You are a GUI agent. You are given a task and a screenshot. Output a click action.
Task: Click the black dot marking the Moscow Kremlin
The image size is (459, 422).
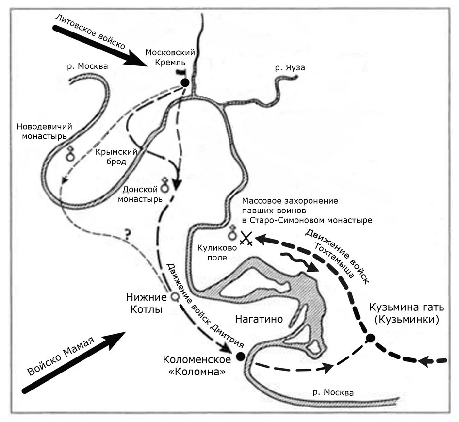pos(185,83)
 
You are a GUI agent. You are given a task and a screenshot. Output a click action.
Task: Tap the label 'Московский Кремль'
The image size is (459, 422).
pos(170,57)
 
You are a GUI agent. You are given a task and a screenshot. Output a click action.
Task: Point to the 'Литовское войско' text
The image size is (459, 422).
pos(90,32)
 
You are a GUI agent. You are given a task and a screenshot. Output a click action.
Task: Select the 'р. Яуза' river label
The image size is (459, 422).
pos(290,67)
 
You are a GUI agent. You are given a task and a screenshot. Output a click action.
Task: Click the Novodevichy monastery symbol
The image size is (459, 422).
pos(70,154)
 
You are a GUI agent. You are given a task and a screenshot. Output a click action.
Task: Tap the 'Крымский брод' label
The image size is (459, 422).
pos(116,157)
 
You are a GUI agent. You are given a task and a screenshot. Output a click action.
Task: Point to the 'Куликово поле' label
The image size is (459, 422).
pos(217,253)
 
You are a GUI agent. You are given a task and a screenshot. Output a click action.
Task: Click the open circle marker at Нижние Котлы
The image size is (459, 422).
pos(175,297)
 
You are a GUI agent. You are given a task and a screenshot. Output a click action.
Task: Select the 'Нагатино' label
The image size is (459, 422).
pos(259,319)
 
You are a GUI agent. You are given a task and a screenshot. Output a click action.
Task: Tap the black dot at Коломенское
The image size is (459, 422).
pos(240,356)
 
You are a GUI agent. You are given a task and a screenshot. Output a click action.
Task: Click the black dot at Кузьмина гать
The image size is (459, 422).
pos(370,338)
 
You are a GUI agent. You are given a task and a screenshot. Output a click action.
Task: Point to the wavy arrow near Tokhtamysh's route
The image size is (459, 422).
pos(299,262)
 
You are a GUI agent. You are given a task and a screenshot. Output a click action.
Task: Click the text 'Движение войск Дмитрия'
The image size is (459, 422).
pos(205,305)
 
